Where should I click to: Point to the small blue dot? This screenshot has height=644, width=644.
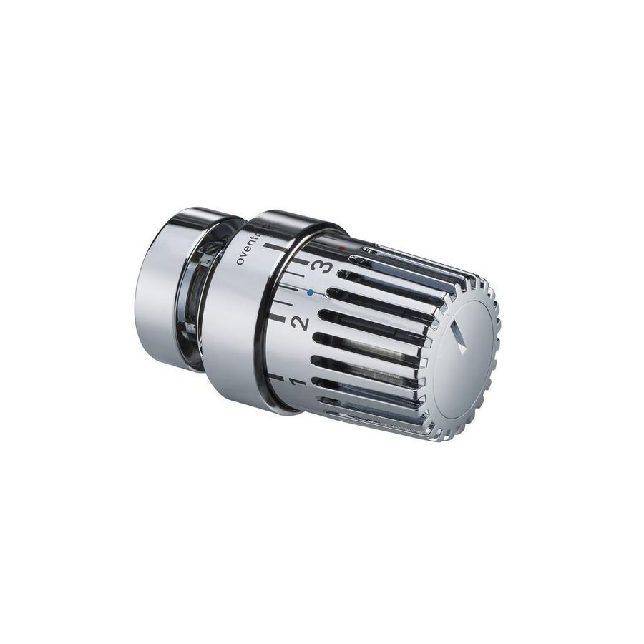tap(310, 293)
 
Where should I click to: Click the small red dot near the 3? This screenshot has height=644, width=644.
tap(342, 250)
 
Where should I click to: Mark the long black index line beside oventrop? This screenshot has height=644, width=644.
tap(273, 248)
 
